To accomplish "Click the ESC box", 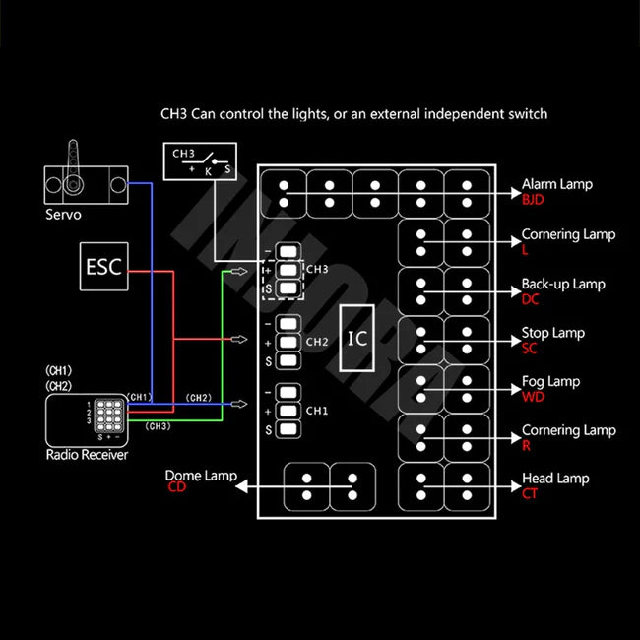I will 102,267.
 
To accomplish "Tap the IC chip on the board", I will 357,338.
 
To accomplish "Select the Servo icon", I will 86,181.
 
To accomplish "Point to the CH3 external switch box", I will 202,160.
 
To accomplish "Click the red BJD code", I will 533,200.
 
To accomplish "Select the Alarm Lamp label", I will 556,184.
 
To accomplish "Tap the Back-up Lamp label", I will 563,284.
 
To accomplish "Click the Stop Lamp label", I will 552,333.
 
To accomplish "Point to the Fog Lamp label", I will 550,381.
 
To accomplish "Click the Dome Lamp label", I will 201,476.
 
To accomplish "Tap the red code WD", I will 533,396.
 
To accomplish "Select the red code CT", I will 531,493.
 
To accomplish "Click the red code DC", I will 531,298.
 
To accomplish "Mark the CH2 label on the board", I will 316,342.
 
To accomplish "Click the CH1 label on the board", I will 316,410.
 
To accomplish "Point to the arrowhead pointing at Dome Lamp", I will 243,486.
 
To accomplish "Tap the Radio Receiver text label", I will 87,455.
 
